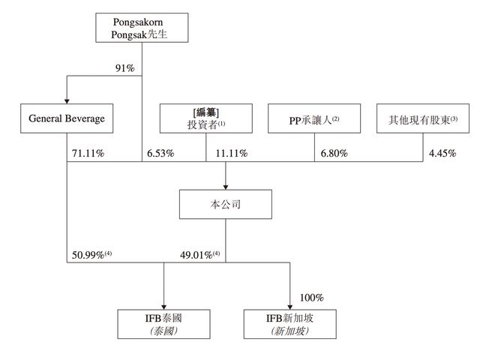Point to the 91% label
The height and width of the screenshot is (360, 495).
[125, 68]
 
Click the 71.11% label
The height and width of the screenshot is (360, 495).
[88, 154]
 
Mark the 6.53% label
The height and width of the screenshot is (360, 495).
[160, 154]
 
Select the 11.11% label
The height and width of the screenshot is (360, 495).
[232, 154]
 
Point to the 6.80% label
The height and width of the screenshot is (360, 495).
[334, 154]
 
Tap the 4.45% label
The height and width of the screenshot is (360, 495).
[442, 154]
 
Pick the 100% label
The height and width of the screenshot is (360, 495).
[311, 298]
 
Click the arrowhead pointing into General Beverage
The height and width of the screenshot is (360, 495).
[67, 101]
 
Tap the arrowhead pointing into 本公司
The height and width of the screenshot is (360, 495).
[226, 187]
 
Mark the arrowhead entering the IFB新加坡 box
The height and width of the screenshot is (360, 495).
[289, 307]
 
